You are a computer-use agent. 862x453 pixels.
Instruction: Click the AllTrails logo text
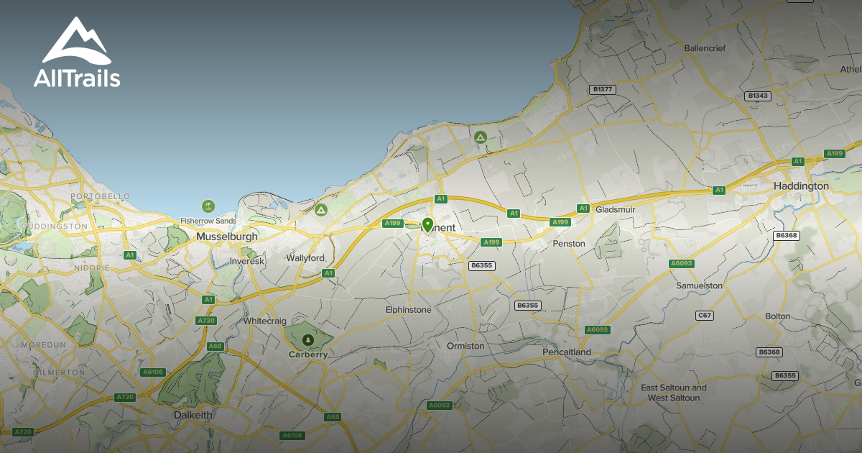pyautogui.click(x=77, y=78)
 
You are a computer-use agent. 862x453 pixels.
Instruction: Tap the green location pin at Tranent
pyautogui.click(x=427, y=225)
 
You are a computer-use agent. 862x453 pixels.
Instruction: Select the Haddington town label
pyautogui.click(x=801, y=186)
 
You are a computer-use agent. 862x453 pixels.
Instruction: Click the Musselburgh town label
pyautogui.click(x=226, y=237)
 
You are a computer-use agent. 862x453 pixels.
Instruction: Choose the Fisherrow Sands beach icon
pyautogui.click(x=208, y=206)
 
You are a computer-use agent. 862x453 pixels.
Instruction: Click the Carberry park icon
pyautogui.click(x=308, y=339)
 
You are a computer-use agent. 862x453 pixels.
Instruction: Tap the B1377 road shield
pyautogui.click(x=601, y=89)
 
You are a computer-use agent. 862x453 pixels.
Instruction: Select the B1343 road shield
pyautogui.click(x=757, y=96)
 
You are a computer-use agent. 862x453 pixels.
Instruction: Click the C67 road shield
pyautogui.click(x=705, y=316)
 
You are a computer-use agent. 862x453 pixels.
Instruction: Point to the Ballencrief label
pyautogui.click(x=705, y=49)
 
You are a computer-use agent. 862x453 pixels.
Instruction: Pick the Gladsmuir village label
pyautogui.click(x=616, y=209)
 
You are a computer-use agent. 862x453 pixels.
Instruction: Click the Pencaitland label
pyautogui.click(x=567, y=352)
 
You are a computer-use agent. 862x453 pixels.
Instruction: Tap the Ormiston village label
pyautogui.click(x=465, y=346)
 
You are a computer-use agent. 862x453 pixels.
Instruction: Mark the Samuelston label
pyautogui.click(x=699, y=285)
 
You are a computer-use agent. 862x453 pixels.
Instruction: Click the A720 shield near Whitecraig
pyautogui.click(x=205, y=320)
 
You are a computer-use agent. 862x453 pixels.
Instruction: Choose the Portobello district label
pyautogui.click(x=100, y=196)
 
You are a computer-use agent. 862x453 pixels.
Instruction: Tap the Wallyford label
pyautogui.click(x=305, y=258)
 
